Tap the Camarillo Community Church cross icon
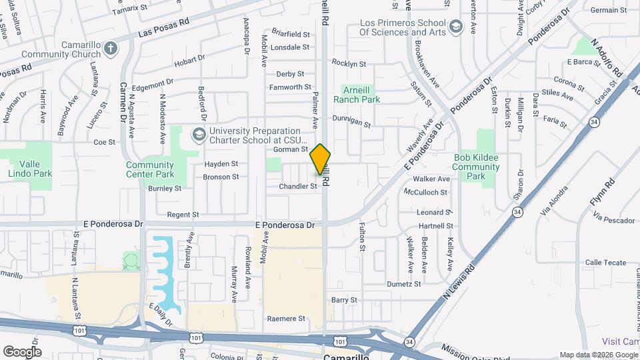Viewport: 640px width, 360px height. (111, 47)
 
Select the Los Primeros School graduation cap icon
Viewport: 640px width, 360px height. (456, 27)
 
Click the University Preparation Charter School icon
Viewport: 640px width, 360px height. (198, 135)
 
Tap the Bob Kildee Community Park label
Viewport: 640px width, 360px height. (477, 167)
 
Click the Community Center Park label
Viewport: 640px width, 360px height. (150, 169)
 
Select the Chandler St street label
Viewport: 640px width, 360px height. (298, 187)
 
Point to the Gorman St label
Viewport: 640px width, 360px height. (290, 149)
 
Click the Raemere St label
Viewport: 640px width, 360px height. (286, 319)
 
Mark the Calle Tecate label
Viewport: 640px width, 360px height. (605, 263)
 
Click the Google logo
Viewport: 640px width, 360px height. (22, 351)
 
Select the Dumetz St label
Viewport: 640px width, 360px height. (405, 283)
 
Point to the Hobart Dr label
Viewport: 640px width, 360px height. (190, 61)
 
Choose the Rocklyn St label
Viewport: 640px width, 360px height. (349, 64)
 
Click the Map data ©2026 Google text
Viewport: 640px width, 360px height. (598, 355)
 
